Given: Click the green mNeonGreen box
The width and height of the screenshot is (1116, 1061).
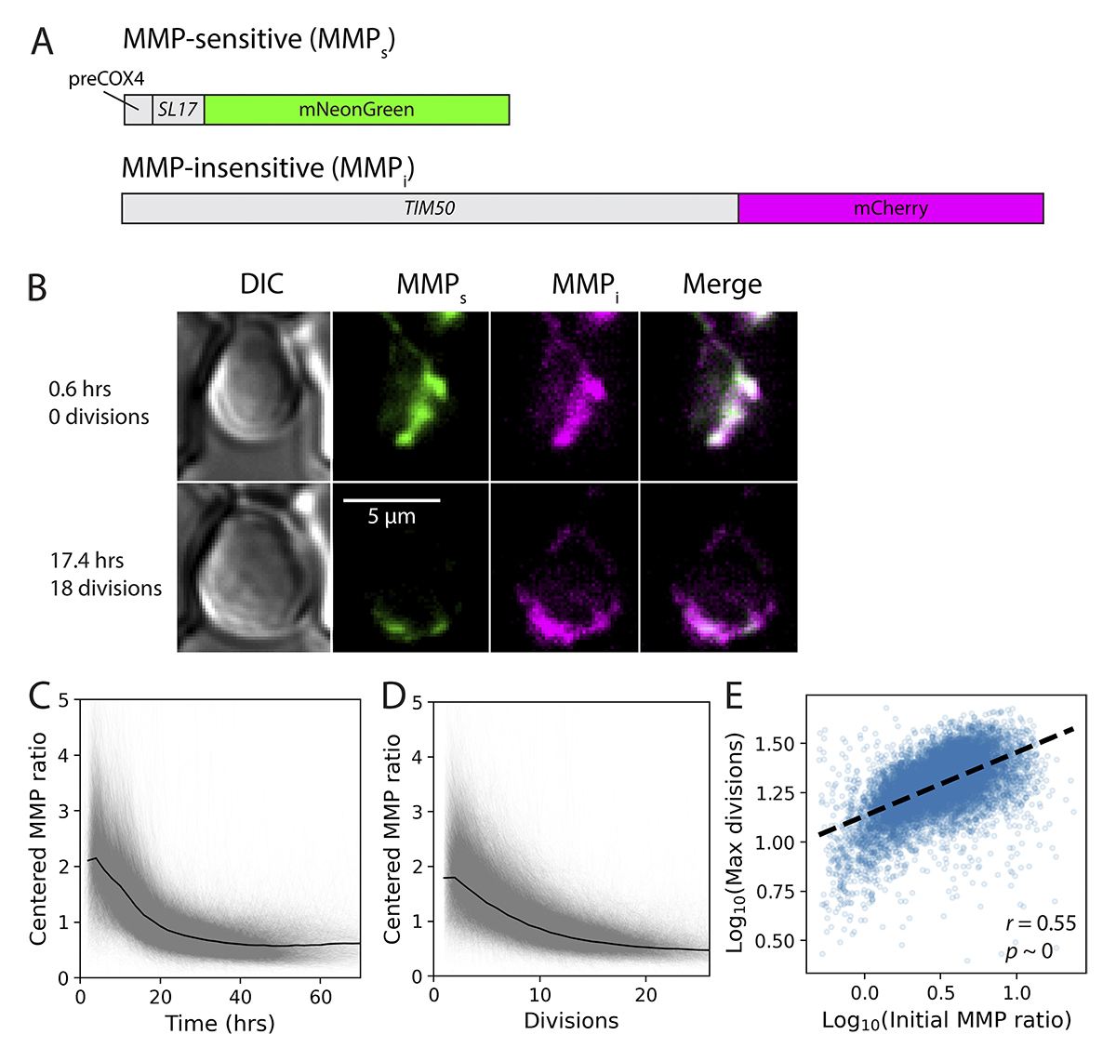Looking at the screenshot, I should click(356, 110).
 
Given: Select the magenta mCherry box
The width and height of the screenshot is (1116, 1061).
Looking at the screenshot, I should click(890, 208).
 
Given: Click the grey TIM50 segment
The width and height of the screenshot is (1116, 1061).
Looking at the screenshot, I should click(429, 208).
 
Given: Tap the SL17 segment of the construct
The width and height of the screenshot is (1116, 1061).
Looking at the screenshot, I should click(177, 110).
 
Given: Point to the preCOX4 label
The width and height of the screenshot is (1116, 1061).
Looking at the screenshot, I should click(106, 80).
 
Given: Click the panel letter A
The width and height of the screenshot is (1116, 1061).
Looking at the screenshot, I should click(42, 42).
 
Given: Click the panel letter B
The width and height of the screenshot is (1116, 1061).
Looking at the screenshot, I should click(37, 287).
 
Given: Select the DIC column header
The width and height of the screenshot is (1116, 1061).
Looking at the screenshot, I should click(261, 285).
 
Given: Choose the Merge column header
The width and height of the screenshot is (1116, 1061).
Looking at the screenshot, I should click(722, 285).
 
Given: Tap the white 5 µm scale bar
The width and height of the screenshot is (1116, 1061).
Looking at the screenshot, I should click(391, 500).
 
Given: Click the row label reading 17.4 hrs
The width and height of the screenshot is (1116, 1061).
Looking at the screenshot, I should click(86, 561).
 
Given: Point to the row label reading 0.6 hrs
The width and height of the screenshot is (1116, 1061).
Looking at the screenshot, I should click(80, 389).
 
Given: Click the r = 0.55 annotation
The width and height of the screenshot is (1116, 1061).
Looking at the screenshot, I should click(1041, 923).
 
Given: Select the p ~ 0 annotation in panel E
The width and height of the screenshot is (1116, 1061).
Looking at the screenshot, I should click(1029, 951).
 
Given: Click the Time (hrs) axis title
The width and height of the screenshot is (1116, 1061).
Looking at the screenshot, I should click(219, 1024).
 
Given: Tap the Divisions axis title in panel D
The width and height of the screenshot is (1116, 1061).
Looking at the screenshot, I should click(571, 1021).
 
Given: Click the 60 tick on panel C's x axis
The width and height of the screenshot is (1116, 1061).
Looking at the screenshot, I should click(320, 998).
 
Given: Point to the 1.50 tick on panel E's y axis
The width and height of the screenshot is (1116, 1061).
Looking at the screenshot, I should click(775, 744).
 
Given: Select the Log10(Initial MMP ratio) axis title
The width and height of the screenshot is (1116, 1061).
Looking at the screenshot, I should click(946, 1020).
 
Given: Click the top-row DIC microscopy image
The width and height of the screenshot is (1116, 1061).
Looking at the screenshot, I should click(253, 395).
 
